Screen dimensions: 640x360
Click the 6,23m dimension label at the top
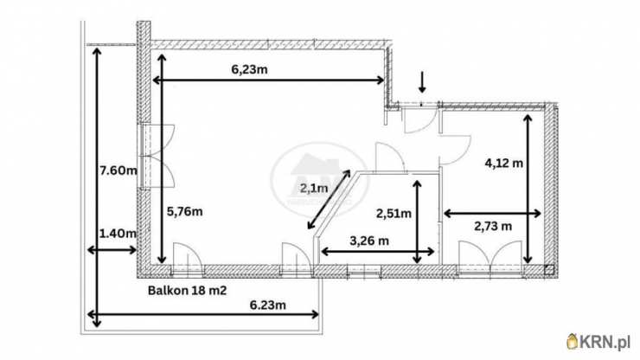[249, 69]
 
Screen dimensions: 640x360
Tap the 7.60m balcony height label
[118, 170]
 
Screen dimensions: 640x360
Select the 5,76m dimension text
[184, 212]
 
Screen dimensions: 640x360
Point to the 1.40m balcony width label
[118, 234]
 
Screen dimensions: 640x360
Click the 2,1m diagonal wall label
[314, 188]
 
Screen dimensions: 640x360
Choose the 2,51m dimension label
[394, 213]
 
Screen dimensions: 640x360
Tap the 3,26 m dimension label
[369, 241]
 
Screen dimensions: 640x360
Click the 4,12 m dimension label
[503, 163]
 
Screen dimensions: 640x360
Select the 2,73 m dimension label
[493, 226]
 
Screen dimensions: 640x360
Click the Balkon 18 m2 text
[187, 291]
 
